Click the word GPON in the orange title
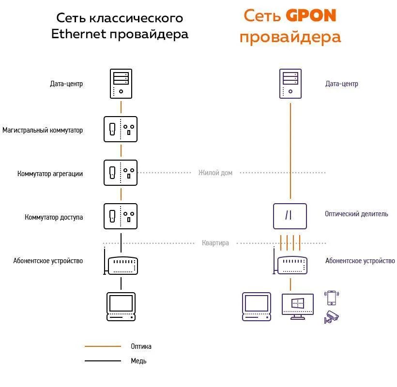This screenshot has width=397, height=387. click(310, 16)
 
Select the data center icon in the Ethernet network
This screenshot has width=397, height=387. click(121, 84)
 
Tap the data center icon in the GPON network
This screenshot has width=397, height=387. click(290, 84)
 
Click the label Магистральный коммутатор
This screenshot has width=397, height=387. click(43, 130)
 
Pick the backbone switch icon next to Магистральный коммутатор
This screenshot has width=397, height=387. click(121, 129)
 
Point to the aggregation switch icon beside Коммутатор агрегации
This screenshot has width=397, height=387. click(121, 173)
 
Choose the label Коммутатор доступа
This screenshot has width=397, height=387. click(54, 217)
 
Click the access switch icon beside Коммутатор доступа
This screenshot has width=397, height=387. click(121, 216)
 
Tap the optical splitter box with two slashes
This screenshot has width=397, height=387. click(290, 216)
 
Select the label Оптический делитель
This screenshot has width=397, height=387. click(356, 214)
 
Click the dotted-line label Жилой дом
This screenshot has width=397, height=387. click(215, 173)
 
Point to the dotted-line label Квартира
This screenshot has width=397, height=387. click(215, 243)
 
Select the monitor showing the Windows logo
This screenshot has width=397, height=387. click(298, 305)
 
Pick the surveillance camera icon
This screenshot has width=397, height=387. click(332, 316)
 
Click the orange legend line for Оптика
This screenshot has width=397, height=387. click(103, 346)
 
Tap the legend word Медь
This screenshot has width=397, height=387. click(138, 361)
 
